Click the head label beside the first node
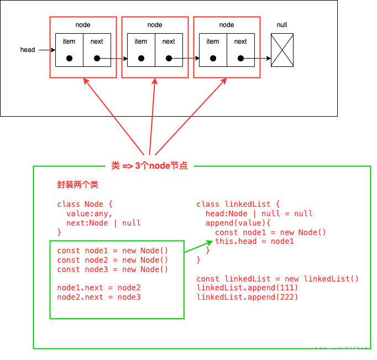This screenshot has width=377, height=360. pyautogui.click(x=28, y=50)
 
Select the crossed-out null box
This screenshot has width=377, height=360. pyautogui.click(x=282, y=50)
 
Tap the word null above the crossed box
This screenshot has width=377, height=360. pyautogui.click(x=282, y=25)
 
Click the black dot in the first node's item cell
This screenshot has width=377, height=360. pyautogui.click(x=69, y=58)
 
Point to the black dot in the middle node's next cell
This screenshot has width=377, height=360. pyautogui.click(x=169, y=58)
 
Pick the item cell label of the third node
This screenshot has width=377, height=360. pyautogui.click(x=213, y=41)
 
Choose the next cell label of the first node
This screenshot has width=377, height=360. pyautogui.click(x=97, y=41)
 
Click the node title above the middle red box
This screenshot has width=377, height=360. pyautogui.click(x=155, y=25)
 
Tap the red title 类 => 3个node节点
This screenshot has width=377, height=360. pyautogui.click(x=149, y=165)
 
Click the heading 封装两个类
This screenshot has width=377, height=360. pyautogui.click(x=77, y=185)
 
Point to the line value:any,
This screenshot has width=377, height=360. pyautogui.click(x=89, y=213)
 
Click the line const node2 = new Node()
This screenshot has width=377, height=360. pyautogui.click(x=112, y=260)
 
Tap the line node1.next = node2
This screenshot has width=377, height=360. pyautogui.click(x=98, y=288)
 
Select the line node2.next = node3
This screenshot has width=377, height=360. pyautogui.click(x=98, y=297)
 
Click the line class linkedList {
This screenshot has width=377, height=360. pyautogui.click(x=238, y=204)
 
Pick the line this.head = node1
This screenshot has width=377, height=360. pyautogui.click(x=254, y=241)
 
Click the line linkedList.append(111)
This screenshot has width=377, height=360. pyautogui.click(x=247, y=288)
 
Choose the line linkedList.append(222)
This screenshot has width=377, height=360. pyautogui.click(x=247, y=297)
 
